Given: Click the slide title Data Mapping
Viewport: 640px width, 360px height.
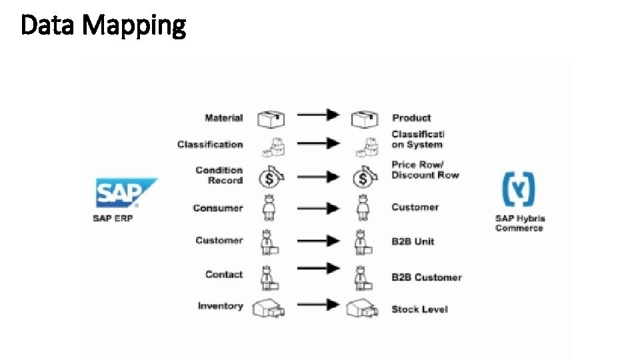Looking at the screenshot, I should coord(103,26).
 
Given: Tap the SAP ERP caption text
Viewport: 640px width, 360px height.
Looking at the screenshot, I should coord(113,219).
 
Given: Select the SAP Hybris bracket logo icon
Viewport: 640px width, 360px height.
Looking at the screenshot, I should coord(519,189).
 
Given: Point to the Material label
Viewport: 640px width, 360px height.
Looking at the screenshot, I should coord(224,118).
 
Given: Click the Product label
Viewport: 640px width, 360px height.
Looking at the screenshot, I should coord(411,118).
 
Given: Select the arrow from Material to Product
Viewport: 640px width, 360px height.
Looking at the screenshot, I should coord(318,115).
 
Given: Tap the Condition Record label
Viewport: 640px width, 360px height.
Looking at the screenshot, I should coord(219,175).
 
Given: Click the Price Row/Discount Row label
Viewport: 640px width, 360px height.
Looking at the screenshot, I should coord(425,170).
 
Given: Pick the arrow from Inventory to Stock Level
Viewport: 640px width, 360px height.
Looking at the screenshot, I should coord(318,305).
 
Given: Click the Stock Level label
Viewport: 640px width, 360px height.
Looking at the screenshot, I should coord(419,309).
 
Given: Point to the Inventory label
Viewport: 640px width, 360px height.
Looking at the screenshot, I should coord(221,306).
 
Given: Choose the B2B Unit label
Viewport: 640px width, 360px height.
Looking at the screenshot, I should coord(413,241).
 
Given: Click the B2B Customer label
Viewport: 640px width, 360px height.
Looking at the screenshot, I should coord(426,277).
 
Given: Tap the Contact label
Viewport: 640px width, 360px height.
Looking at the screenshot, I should coord(224,274).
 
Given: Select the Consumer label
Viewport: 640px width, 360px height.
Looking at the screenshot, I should coord(218,208).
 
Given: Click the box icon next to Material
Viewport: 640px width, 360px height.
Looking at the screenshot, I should coord(271,119).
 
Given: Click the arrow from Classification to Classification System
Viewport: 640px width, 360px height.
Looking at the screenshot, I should coord(318,143).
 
